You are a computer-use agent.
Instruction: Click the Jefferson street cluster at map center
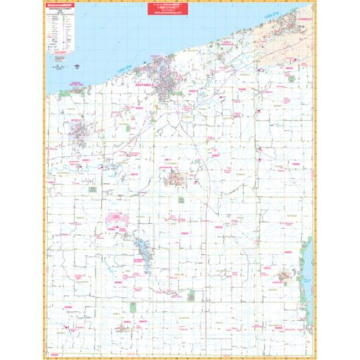176,178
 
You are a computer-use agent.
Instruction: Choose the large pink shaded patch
117,219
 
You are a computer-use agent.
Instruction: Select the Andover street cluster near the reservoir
285,275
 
